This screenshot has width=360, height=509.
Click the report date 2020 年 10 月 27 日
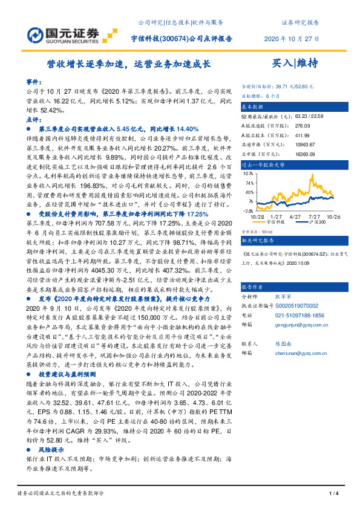pyautogui.click(x=292, y=37)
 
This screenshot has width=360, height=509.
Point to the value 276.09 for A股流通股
pyautogui.click(x=302, y=125)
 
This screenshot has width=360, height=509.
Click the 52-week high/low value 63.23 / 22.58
pyautogui.click(x=310, y=115)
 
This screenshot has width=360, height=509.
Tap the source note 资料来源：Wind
pyautogui.click(x=256, y=230)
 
